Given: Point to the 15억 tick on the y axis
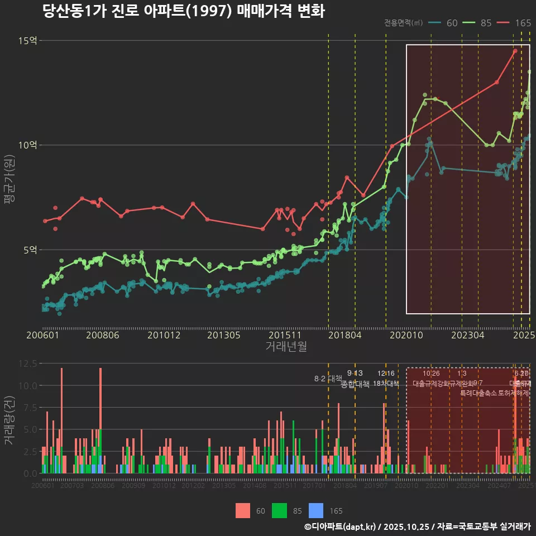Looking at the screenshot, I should pyautogui.click(x=27, y=41).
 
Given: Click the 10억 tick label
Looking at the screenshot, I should pyautogui.click(x=27, y=145).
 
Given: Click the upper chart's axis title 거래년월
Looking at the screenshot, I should pyautogui.click(x=286, y=347).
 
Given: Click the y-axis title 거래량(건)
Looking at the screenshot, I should pyautogui.click(x=9, y=421).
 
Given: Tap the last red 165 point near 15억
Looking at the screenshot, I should pyautogui.click(x=515, y=51).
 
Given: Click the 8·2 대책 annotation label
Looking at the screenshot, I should pyautogui.click(x=328, y=379).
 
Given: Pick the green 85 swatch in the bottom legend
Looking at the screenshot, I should pyautogui.click(x=280, y=510).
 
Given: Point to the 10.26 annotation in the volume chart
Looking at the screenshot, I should pyautogui.click(x=431, y=374).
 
